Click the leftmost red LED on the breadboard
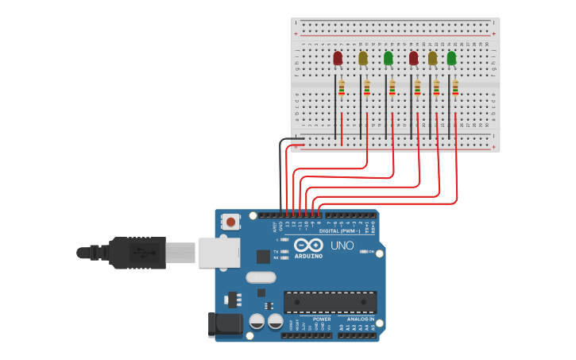[x=338, y=58]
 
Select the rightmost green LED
[x=451, y=58]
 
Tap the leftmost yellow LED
[x=363, y=58]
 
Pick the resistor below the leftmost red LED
[x=342, y=87]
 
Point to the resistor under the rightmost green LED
[x=455, y=87]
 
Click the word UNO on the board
[x=342, y=246]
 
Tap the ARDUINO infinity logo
[x=308, y=245]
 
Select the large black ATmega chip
[x=330, y=302]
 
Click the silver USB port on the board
[x=219, y=253]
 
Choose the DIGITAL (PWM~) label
[x=340, y=231]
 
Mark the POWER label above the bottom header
[x=322, y=319]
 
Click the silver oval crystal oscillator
[x=261, y=277]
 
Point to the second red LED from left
[x=413, y=58]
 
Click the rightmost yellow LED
[x=432, y=58]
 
